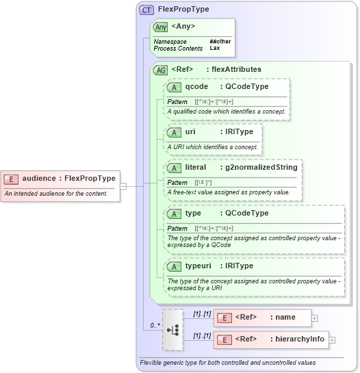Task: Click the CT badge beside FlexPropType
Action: click(x=146, y=10)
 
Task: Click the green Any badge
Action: click(x=161, y=27)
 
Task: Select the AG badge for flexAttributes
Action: click(x=161, y=70)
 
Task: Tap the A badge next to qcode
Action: click(x=175, y=87)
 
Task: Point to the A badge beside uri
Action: click(x=175, y=131)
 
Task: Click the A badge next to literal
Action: click(x=175, y=168)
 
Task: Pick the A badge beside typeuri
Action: click(x=175, y=266)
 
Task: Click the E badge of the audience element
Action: click(x=11, y=179)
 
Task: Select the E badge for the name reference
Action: click(x=224, y=318)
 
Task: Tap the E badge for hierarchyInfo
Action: click(x=224, y=339)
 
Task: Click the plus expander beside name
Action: click(x=315, y=318)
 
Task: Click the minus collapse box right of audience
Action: click(x=123, y=185)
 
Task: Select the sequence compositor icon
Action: click(x=173, y=329)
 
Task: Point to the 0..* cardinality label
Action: click(x=155, y=326)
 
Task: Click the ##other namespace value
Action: click(x=218, y=42)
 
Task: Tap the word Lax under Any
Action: click(x=214, y=49)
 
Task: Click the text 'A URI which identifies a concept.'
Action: click(x=212, y=146)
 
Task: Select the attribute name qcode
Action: click(x=196, y=87)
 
